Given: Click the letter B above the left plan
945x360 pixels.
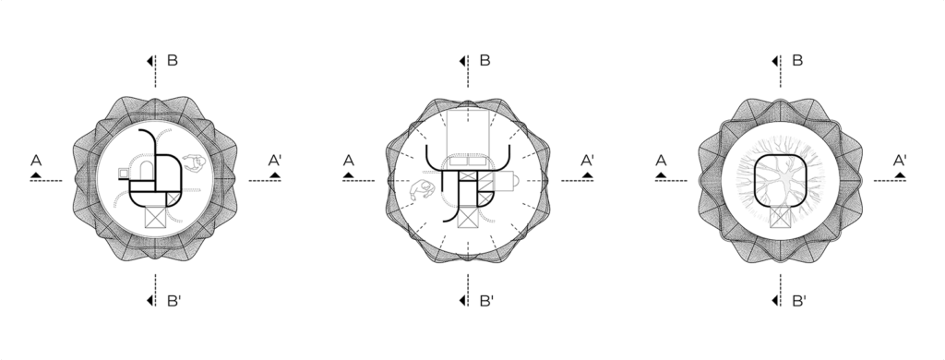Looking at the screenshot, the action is click(x=173, y=60).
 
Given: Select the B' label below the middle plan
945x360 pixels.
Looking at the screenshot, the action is click(x=486, y=301).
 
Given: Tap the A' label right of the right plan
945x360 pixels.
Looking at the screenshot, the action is click(x=900, y=161).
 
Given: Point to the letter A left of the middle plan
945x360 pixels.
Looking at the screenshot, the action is click(x=348, y=161).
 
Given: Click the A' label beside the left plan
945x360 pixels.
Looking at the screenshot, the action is click(x=275, y=161).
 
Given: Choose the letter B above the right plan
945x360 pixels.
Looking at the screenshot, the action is click(x=797, y=60).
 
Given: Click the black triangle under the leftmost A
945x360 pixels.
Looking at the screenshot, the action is click(x=36, y=175).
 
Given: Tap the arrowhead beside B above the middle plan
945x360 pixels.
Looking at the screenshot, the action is click(x=462, y=61).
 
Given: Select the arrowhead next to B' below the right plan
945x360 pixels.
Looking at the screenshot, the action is click(x=775, y=300).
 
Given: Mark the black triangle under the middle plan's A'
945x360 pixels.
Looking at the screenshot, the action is click(x=588, y=175).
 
